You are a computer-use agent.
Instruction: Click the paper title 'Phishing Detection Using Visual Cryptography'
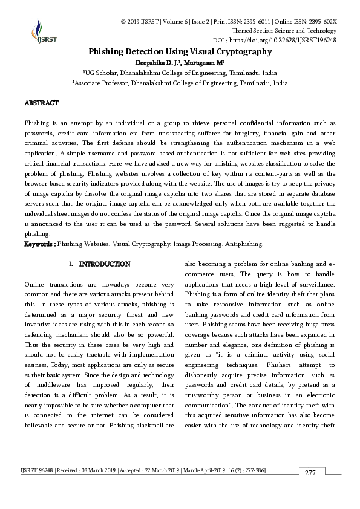[x=180, y=52]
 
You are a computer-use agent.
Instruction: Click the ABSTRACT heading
[x=41, y=103]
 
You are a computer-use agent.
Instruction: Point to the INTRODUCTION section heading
[x=105, y=264]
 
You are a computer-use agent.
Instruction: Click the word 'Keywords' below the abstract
[x=39, y=244]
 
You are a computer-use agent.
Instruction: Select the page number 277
[x=310, y=473]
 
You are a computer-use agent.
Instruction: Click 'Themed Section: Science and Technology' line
[x=284, y=31]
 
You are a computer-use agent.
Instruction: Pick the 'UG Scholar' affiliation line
[x=180, y=73]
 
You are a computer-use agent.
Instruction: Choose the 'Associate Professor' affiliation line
[x=180, y=83]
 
